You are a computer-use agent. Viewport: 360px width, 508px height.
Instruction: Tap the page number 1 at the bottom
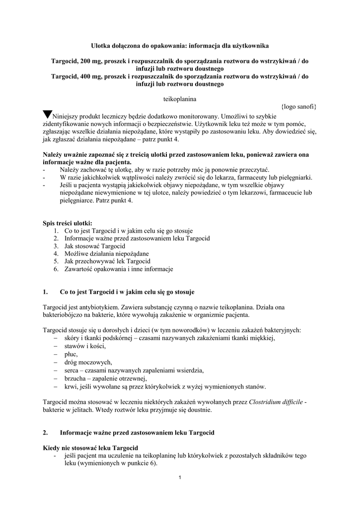click(180, 477)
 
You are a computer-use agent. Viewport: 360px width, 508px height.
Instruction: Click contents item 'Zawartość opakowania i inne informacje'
click(119, 269)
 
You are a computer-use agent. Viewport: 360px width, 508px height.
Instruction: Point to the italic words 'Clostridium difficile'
click(277, 402)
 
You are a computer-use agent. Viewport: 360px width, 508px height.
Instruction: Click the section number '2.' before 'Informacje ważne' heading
click(46, 433)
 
